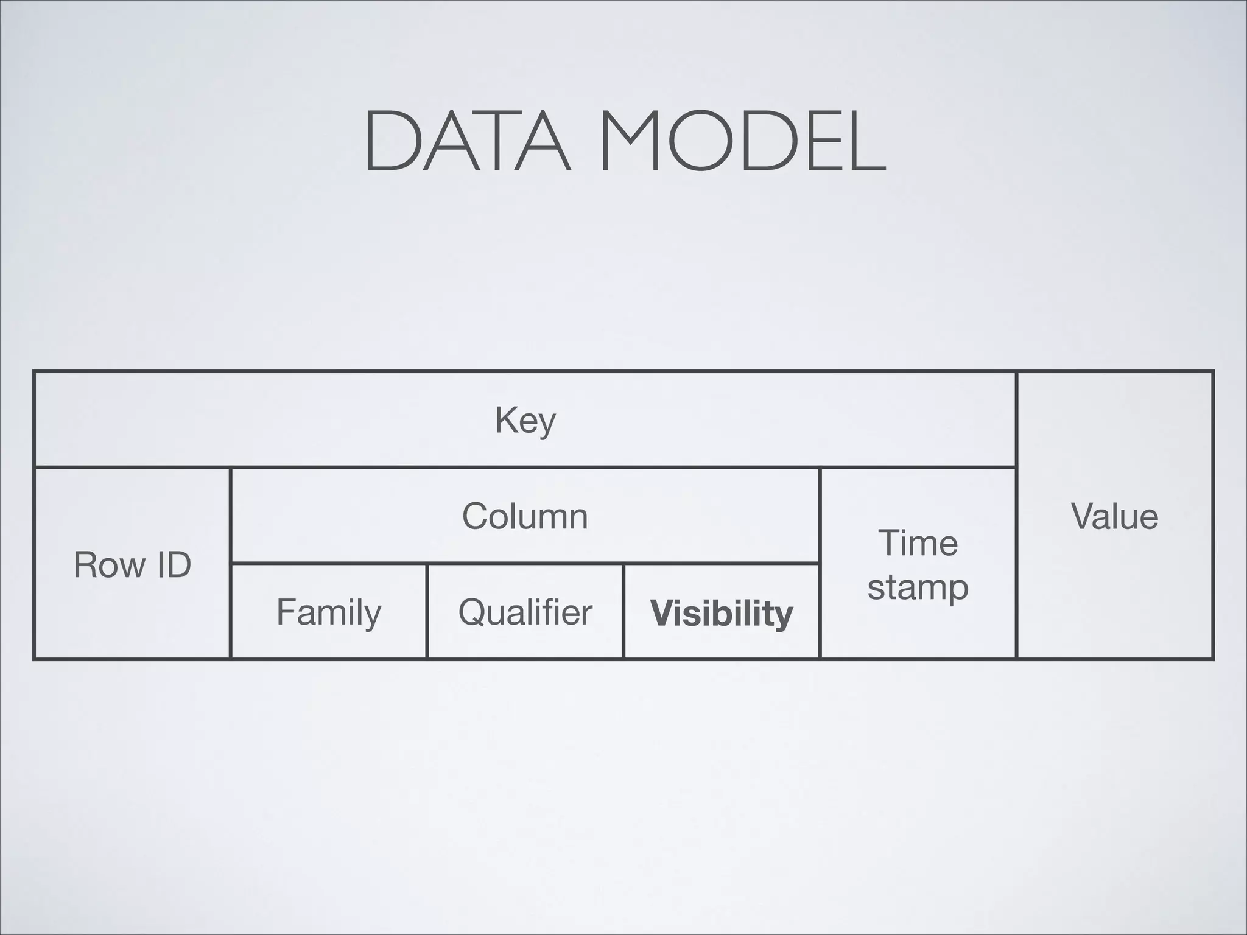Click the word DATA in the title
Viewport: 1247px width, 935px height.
click(468, 141)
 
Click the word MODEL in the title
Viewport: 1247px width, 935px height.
click(742, 141)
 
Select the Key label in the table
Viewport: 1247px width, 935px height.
click(525, 420)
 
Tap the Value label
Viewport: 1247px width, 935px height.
click(1114, 516)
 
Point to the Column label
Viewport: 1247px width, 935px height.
click(525, 516)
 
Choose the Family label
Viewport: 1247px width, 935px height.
click(329, 612)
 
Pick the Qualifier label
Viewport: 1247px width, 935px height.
click(525, 612)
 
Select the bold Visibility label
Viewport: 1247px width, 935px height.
click(722, 613)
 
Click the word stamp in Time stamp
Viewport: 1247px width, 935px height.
click(918, 588)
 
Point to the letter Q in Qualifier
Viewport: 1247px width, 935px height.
click(472, 612)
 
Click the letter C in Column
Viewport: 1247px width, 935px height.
click(476, 516)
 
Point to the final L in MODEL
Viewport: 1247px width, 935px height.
click(865, 141)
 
